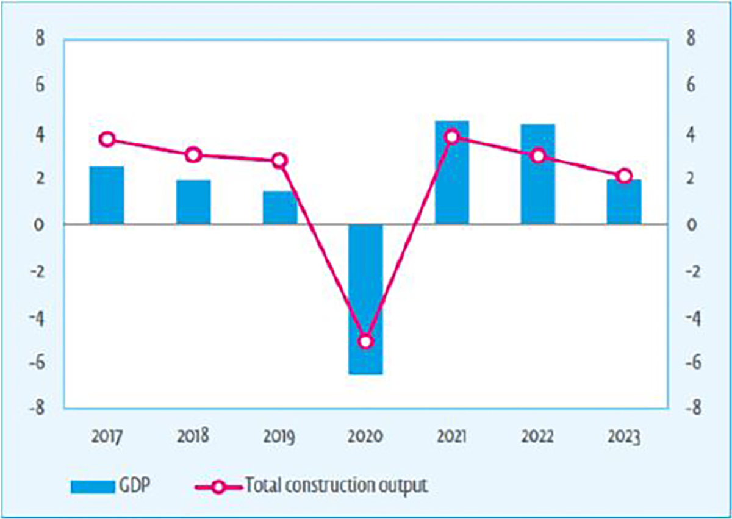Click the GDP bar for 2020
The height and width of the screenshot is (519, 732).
[x=365, y=299]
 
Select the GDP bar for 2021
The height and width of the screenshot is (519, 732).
[x=452, y=173]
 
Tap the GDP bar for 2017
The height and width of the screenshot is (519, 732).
[x=107, y=195]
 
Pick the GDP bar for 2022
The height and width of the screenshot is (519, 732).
[x=538, y=174]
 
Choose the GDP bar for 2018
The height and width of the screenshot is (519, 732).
[x=193, y=202]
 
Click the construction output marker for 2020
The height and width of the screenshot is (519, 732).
[x=365, y=341]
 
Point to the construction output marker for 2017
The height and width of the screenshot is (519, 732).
[x=107, y=139]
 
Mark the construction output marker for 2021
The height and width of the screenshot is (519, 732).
[x=452, y=137]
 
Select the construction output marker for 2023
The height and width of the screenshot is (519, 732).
[x=624, y=176]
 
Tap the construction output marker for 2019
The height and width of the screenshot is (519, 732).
[x=279, y=161]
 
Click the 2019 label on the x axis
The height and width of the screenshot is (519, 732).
[x=279, y=437]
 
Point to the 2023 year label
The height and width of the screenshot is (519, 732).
[x=624, y=437]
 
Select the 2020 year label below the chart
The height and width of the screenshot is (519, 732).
[x=365, y=437]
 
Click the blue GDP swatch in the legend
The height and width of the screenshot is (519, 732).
[x=93, y=486]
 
